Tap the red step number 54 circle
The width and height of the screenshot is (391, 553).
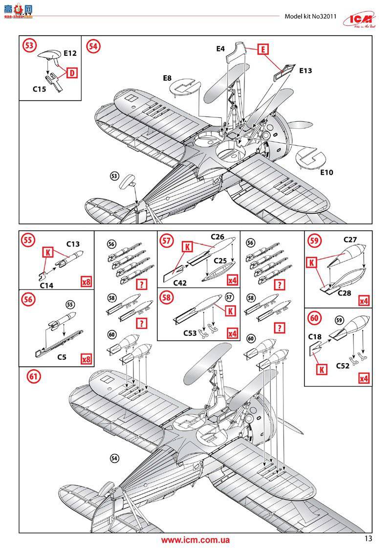coord(93,46)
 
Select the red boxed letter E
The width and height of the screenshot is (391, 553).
coord(262,49)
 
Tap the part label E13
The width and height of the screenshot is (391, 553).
coord(305,70)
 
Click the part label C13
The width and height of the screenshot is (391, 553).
coord(73,243)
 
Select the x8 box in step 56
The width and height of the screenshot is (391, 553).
coord(86,359)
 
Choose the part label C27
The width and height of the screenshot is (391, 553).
coord(350,240)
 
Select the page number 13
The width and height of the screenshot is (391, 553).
coord(369,538)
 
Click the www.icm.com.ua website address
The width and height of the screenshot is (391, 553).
coord(195,540)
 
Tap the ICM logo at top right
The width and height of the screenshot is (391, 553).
coord(364,18)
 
